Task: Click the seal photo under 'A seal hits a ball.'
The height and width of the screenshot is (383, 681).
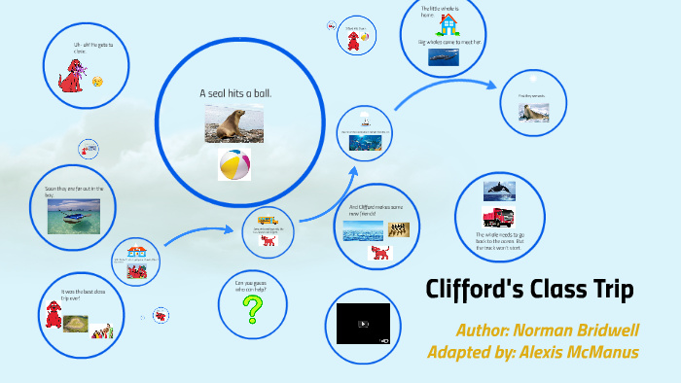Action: click(233, 123)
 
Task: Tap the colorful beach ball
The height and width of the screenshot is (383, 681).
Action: click(234, 165)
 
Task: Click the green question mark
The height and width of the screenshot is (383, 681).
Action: click(253, 309)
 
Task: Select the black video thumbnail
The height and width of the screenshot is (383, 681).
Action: click(363, 323)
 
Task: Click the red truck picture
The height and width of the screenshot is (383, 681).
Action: click(498, 217)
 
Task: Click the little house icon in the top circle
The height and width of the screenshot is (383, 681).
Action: click(448, 24)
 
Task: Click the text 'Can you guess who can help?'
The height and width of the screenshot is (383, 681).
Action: click(252, 286)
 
